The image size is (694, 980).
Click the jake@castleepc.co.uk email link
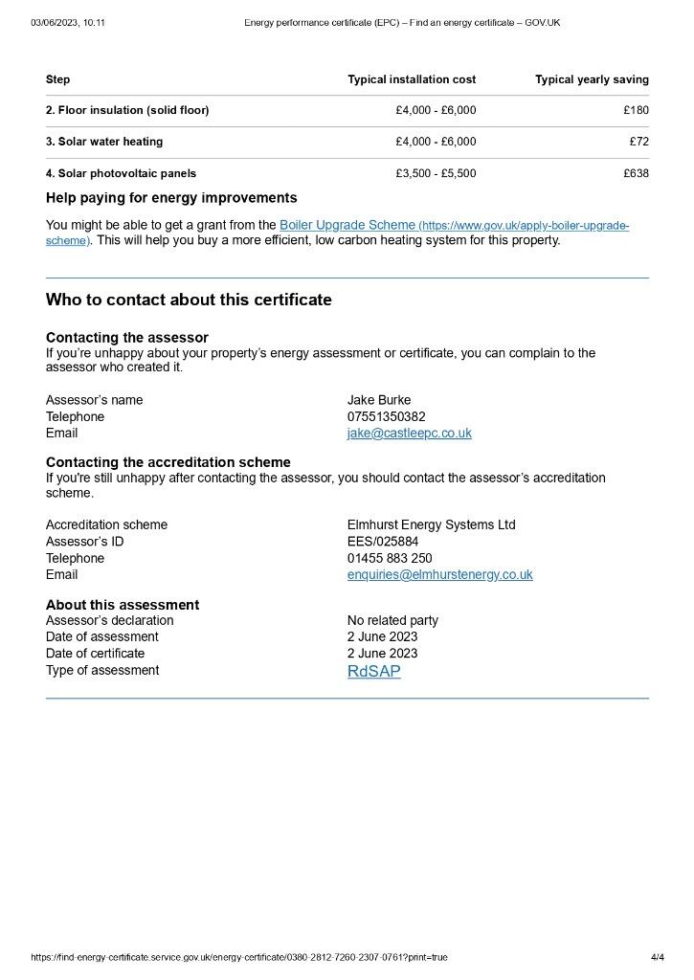[x=409, y=434]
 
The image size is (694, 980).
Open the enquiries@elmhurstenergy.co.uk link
[x=439, y=575]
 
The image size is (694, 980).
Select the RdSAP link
[x=373, y=672]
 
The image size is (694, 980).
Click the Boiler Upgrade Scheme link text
[x=347, y=225]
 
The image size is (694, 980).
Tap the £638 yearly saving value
[x=636, y=174]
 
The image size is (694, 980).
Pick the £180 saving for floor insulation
[x=636, y=110]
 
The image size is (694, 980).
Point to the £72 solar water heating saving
[x=638, y=142]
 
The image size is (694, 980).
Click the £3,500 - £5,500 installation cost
[x=436, y=174]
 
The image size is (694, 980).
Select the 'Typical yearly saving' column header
[x=592, y=79]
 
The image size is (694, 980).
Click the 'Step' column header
[x=57, y=79]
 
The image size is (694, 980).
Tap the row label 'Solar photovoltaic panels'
[x=121, y=174]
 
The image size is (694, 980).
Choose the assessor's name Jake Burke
[x=379, y=400]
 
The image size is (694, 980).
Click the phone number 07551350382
[x=387, y=417]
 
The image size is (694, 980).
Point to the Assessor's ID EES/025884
[x=383, y=542]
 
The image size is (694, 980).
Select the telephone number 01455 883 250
[x=390, y=559]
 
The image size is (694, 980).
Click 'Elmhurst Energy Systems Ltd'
[x=431, y=525]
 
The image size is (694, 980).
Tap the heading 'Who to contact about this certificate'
[x=189, y=300]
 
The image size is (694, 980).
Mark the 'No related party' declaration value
[x=392, y=620]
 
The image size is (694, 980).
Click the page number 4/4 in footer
[x=657, y=957]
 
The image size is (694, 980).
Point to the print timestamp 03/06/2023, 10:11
[x=68, y=22]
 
